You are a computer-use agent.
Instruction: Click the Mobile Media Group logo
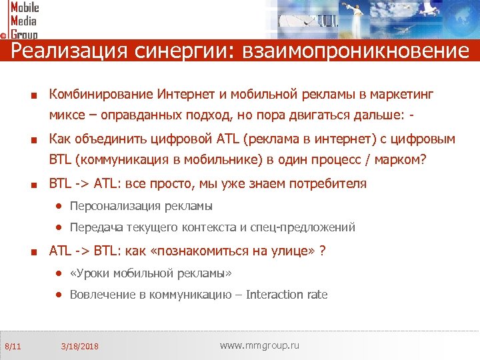21,20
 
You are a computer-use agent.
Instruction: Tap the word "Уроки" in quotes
91,273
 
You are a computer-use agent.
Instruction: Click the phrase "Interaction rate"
287,295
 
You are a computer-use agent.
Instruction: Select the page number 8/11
13,346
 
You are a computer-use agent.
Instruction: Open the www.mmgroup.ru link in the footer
259,345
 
